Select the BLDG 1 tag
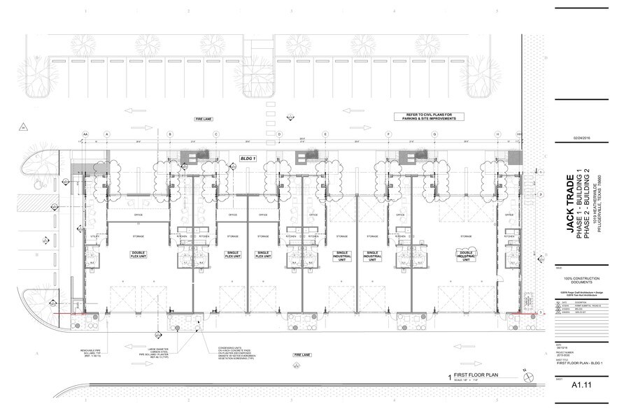tap(247, 159)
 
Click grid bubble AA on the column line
tap(85, 134)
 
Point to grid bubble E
tap(325, 134)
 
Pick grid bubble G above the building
tap(434, 134)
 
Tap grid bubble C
tap(216, 134)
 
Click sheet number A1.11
tap(582, 385)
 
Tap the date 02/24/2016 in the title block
tap(583, 138)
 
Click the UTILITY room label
tap(96, 238)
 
